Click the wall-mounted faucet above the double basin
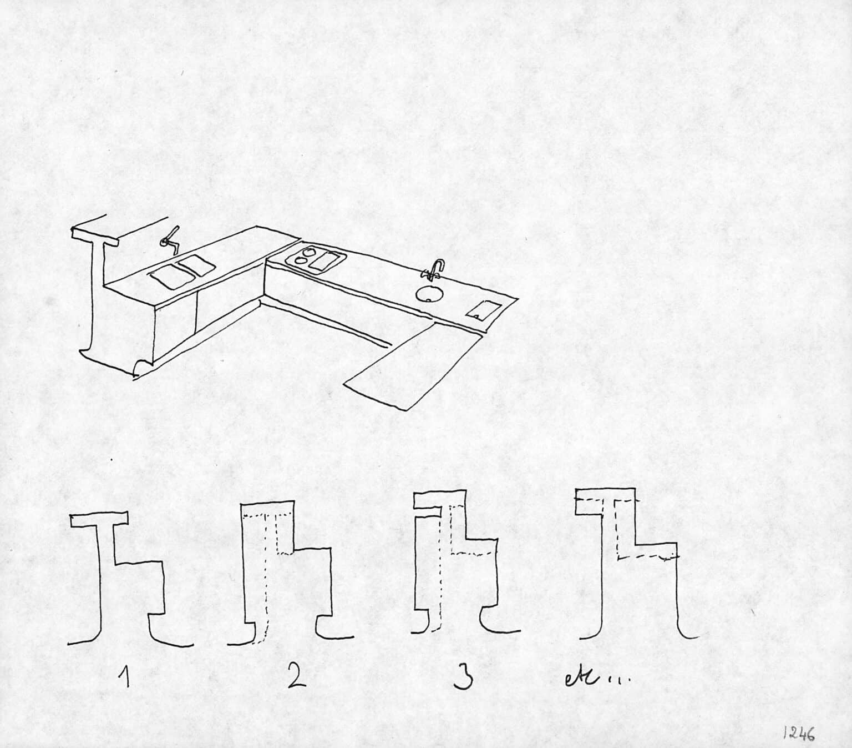click(x=170, y=237)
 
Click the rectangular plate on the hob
click(x=327, y=261)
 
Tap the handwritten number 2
click(x=296, y=676)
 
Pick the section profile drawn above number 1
click(x=130, y=578)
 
